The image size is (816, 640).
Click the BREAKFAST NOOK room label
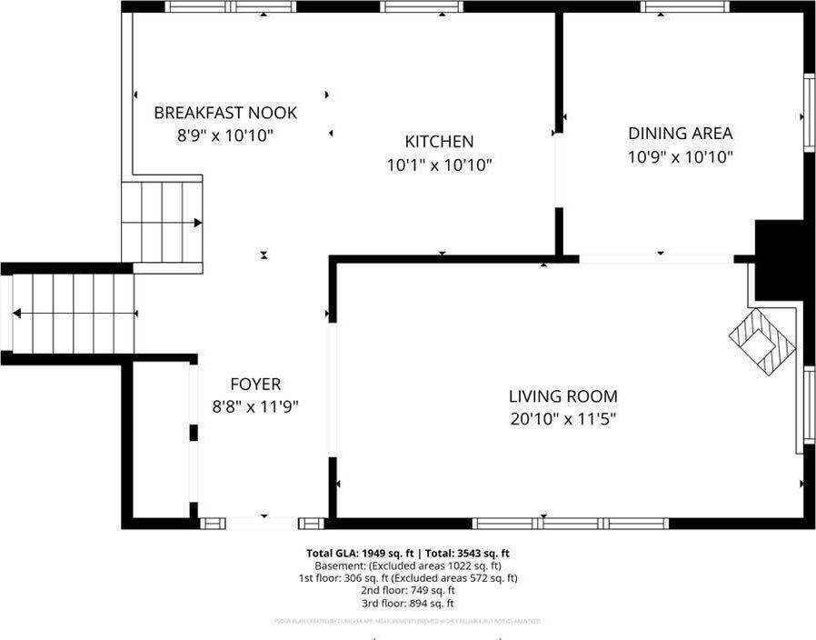225,113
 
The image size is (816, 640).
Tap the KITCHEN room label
439,142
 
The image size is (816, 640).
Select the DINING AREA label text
680,134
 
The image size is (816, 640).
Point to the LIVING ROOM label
562,396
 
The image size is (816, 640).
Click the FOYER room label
255,385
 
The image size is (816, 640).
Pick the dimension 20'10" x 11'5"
562,419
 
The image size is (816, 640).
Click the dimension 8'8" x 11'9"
255,407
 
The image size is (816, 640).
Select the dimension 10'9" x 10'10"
680,156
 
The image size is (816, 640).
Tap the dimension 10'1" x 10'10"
439,165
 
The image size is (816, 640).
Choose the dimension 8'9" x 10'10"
225,135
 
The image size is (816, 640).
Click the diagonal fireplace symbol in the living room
761,342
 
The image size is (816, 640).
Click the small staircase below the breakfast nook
163,222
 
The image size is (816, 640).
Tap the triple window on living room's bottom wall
571,524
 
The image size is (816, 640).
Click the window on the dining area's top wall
684,6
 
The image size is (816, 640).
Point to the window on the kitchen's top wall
422,6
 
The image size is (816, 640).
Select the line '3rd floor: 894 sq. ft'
408,603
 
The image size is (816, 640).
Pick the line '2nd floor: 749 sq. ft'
408,590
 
